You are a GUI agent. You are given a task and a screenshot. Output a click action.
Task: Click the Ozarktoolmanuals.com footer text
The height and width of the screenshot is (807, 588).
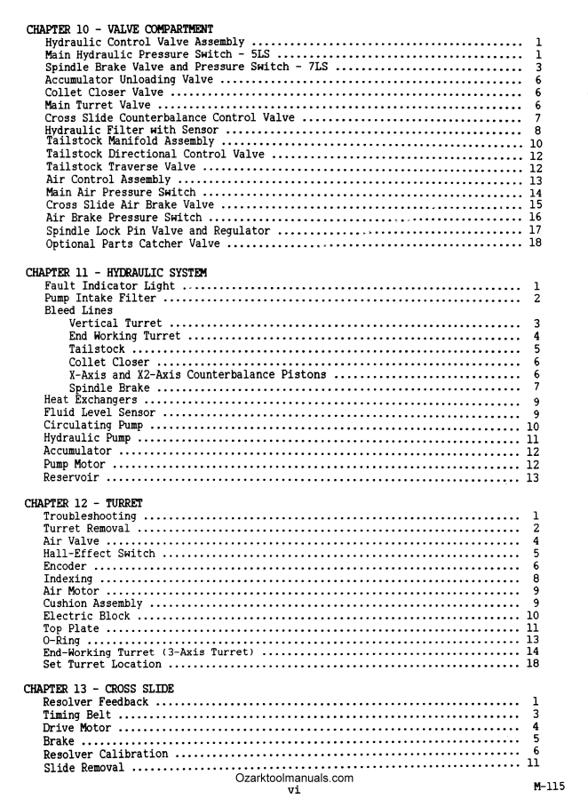click(x=295, y=778)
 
